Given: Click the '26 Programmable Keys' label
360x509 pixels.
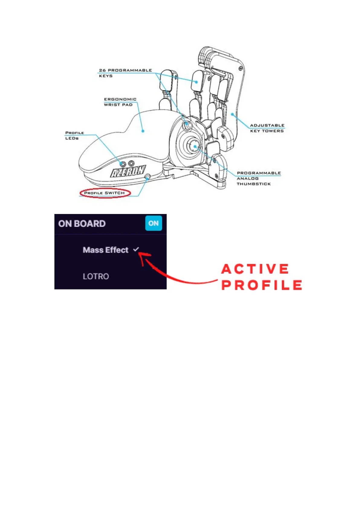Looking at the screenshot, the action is (125, 73).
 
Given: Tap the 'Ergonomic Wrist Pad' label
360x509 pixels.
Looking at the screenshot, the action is (120, 102).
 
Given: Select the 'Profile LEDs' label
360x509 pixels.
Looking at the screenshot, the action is (74, 135).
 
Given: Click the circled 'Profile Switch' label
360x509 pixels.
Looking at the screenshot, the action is (105, 193).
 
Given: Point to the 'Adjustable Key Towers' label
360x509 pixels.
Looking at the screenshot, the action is (267, 128).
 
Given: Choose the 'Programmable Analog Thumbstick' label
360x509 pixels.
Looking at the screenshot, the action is (258, 178).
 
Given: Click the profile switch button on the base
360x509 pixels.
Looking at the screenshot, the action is (148, 177).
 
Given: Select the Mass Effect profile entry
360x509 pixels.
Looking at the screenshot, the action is (105, 250).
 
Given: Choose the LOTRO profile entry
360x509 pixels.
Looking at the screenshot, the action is (96, 276).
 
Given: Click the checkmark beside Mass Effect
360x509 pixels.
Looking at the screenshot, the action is (136, 249).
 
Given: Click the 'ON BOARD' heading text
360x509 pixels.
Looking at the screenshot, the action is (82, 224).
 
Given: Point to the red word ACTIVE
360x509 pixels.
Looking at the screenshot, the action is (255, 269).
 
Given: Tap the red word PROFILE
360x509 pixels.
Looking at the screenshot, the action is (262, 285).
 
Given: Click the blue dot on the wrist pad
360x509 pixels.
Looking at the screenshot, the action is (143, 131).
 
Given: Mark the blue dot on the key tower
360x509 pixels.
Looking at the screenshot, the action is (232, 114).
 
